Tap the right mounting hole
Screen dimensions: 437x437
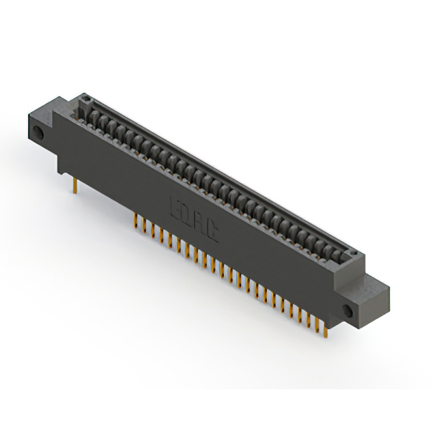(348, 311)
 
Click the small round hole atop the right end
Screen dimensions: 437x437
(354, 255)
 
